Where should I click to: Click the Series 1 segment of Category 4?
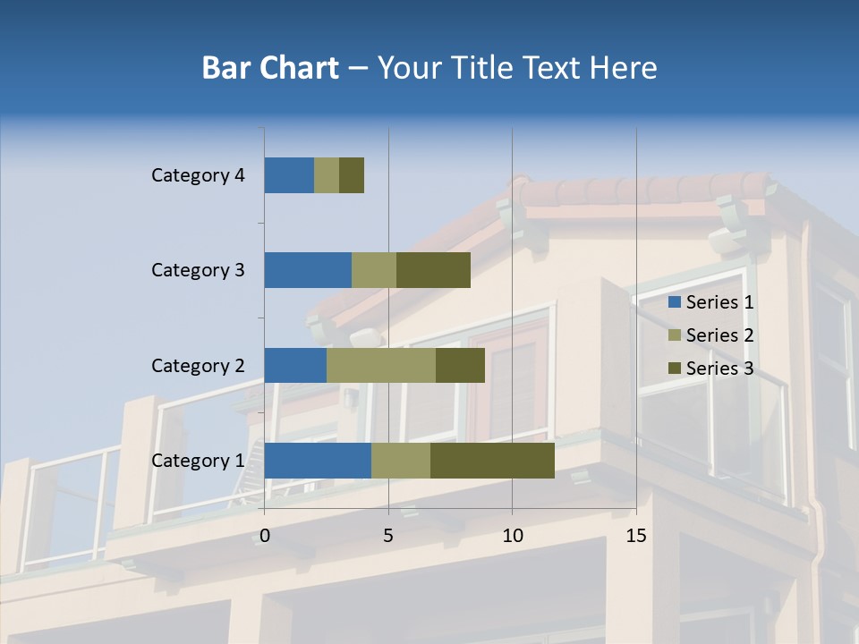[x=289, y=175]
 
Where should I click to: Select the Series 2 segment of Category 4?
[x=327, y=175]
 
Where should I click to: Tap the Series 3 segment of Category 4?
[x=352, y=175]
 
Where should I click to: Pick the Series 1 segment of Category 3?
[x=308, y=270]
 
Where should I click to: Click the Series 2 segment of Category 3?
[x=374, y=270]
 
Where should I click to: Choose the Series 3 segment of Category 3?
[x=433, y=270]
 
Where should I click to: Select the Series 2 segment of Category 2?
[x=381, y=365]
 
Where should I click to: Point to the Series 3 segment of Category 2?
[x=460, y=365]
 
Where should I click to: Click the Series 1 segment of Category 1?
[x=318, y=461]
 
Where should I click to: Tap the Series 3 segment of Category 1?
[x=492, y=461]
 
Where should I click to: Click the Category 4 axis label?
[x=198, y=175]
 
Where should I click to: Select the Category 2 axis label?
[x=198, y=365]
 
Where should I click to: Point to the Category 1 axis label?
[x=198, y=461]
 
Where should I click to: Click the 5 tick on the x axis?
[x=388, y=536]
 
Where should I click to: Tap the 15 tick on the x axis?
[x=636, y=536]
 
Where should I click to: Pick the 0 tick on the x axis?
[x=265, y=536]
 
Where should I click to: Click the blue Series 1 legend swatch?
[x=674, y=302]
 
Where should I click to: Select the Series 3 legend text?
[x=719, y=369]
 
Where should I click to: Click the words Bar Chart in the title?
[x=270, y=68]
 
